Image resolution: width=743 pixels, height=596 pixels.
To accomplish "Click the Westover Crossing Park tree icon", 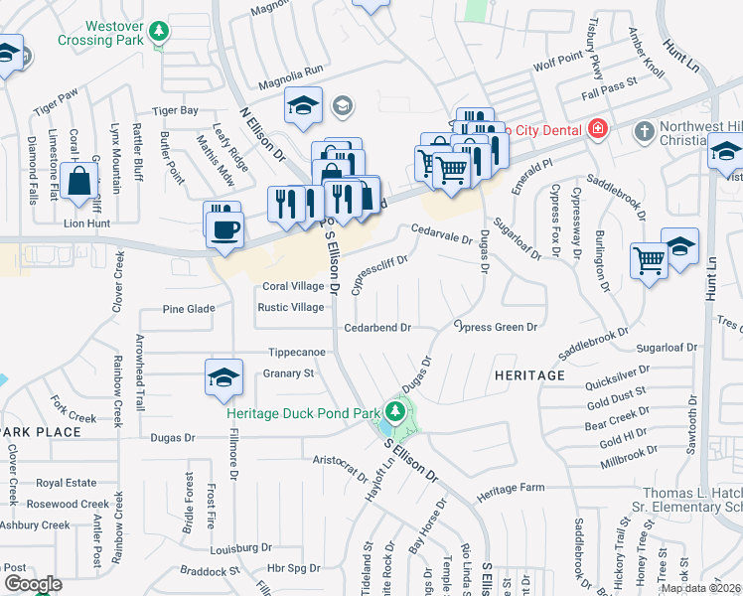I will click(158, 33).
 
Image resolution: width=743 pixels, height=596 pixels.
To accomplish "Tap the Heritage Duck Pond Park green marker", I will click(396, 410).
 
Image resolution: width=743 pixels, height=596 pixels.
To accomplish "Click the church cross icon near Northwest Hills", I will click(644, 130).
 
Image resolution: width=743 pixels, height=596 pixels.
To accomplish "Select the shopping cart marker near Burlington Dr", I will click(649, 261).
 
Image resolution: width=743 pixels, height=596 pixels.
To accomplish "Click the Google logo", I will click(33, 584).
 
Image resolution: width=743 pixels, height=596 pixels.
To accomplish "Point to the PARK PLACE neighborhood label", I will click(41, 432).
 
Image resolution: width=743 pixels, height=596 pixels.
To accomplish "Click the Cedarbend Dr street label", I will click(377, 327).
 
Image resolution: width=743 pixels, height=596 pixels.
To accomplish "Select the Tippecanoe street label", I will click(297, 353).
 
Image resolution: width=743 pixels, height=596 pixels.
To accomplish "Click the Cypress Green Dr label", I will click(496, 327).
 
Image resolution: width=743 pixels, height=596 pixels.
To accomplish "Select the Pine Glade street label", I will click(189, 309).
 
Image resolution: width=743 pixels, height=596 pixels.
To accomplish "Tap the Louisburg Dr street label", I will click(240, 547).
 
